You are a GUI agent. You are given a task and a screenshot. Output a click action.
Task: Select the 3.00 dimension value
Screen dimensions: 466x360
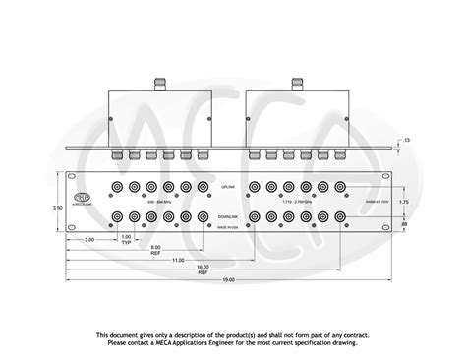(x=88, y=239)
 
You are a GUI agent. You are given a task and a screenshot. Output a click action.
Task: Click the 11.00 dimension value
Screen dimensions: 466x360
(x=178, y=260)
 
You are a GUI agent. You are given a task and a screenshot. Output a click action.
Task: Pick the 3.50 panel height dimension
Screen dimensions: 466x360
(x=57, y=208)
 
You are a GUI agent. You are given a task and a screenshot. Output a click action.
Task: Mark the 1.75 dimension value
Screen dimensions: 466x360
(x=402, y=201)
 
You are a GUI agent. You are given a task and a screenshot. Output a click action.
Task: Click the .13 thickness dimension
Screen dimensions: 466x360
(x=407, y=141)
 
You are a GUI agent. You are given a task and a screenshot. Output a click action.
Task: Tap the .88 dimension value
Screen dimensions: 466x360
(x=402, y=225)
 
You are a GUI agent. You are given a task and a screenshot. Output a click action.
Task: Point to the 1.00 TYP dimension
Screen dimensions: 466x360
(x=125, y=239)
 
